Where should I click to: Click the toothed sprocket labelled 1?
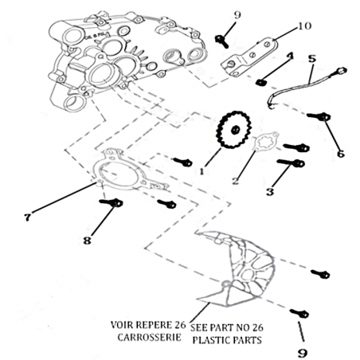click(234, 130)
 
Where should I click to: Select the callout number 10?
click(304, 26)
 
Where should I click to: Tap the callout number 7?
click(28, 217)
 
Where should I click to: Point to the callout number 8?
click(87, 241)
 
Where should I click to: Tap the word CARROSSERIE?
click(149, 338)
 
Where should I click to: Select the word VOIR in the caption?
click(121, 325)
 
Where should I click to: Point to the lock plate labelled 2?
click(265, 140)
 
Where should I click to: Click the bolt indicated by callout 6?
click(319, 116)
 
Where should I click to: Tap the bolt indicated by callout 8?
click(111, 202)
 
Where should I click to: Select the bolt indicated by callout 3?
click(291, 162)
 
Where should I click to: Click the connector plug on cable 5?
click(342, 71)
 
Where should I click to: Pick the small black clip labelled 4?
click(260, 82)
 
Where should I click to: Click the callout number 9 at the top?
click(237, 15)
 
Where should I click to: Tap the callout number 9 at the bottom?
click(302, 353)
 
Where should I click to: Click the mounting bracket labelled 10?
click(248, 57)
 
